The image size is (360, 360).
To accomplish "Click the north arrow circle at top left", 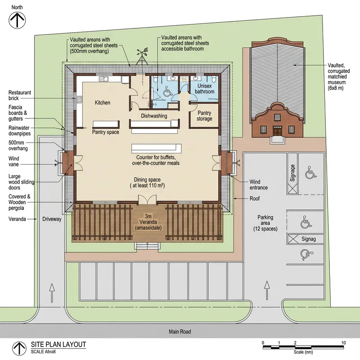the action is pos(17,20).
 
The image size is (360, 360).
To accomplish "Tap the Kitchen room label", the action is pos(103,103).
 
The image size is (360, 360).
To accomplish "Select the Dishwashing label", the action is pos(154,116).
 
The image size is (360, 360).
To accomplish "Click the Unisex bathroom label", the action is pos(205,89).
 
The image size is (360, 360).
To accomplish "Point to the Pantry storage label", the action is pos(204,116).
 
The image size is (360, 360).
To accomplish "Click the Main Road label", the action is pos(180,332).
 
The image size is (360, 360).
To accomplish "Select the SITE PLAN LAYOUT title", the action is pos(58,344).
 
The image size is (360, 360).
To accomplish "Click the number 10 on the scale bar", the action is pos(343,343).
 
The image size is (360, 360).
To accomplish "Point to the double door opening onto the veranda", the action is pos(147,200).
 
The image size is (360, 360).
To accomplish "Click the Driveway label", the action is pos(52,219).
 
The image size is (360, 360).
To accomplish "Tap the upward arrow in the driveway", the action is pos(52,293).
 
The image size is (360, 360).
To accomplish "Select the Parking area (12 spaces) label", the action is pos(265,223).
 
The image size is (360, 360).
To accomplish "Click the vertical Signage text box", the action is pos(292,174).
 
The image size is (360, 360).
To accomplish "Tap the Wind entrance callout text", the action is pos(258,184).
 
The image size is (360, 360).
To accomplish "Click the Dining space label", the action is pos(147,183).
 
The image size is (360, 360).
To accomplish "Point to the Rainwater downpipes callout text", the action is pos(19,130).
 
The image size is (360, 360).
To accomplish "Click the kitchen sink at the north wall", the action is pos(103,79).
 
